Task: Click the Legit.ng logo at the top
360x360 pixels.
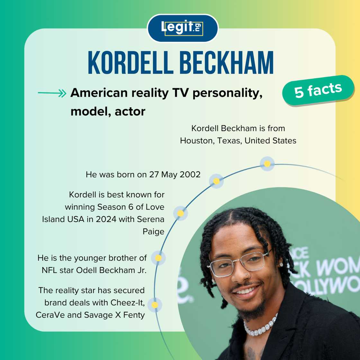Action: point(182,28)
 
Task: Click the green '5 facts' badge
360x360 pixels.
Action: point(318,90)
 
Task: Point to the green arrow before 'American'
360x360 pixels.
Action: point(52,93)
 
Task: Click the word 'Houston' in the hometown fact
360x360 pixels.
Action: point(196,141)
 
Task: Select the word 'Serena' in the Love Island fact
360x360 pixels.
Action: point(150,220)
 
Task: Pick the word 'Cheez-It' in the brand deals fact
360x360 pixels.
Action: point(127,303)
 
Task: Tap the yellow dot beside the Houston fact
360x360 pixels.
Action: point(267,164)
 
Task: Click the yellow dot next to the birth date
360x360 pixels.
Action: point(216,181)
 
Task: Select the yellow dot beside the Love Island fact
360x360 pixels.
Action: point(181,213)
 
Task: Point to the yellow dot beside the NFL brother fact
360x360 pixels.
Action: point(158,258)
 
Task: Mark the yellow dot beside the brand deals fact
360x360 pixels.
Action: point(155,305)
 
